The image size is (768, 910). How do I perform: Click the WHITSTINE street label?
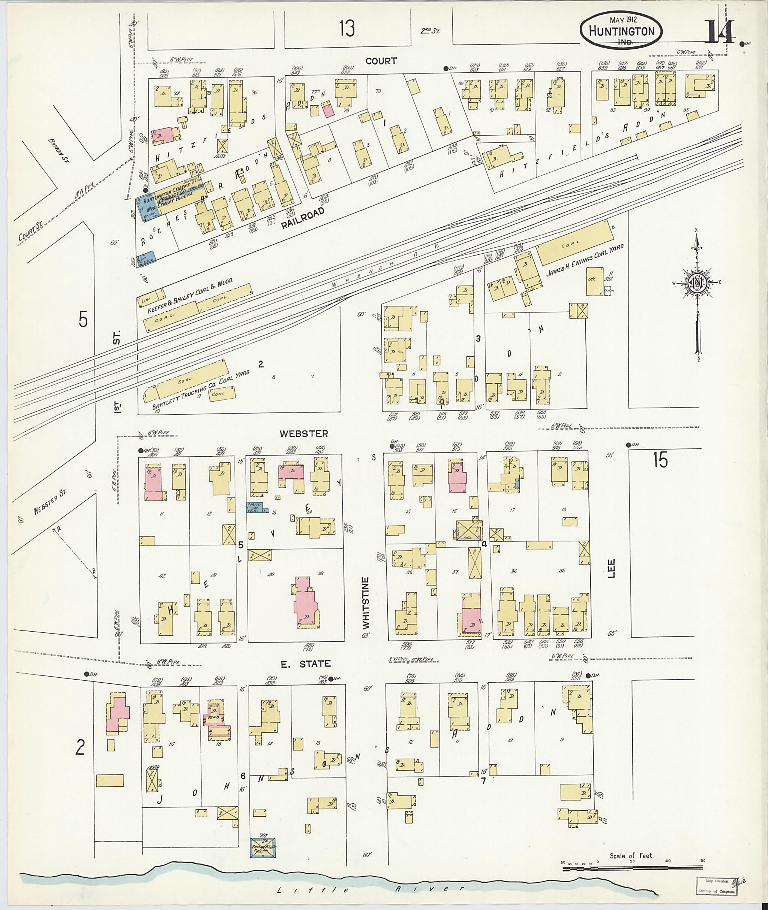pos(366,602)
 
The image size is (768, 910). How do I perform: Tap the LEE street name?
pos(613,568)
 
